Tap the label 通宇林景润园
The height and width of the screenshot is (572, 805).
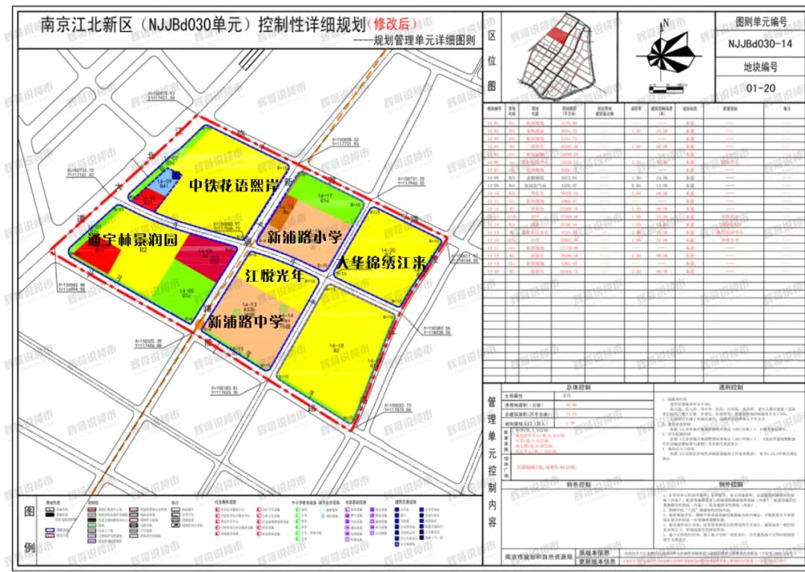(x=132, y=240)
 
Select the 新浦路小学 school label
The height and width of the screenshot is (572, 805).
(x=299, y=238)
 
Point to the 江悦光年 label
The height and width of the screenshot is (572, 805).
(x=277, y=275)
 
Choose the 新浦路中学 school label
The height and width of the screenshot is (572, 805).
(x=244, y=323)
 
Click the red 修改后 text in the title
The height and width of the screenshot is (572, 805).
(x=393, y=25)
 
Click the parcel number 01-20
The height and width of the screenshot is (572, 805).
(x=760, y=88)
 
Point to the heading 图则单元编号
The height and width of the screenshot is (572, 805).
(x=760, y=22)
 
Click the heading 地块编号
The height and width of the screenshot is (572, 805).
(x=760, y=66)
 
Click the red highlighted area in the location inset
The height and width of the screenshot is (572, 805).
(x=557, y=34)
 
